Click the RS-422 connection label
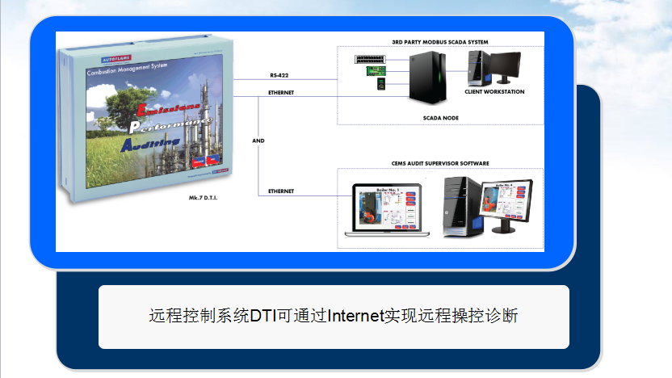click(x=281, y=75)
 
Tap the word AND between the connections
click(x=258, y=141)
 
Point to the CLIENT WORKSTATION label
click(x=494, y=92)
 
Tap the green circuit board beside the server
click(x=377, y=71)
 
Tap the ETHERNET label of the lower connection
click(x=280, y=191)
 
